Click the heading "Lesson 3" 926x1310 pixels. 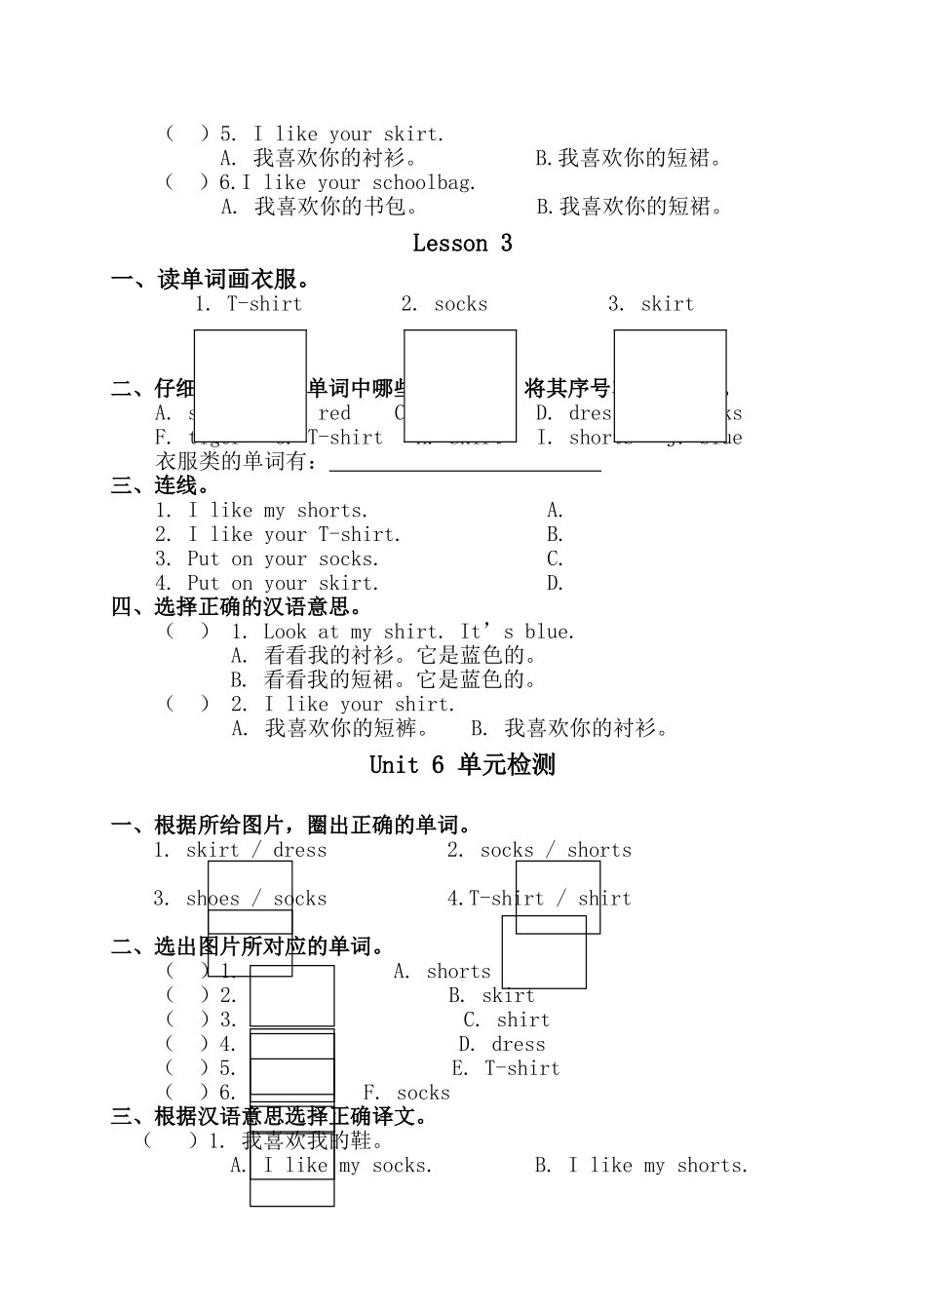[462, 244]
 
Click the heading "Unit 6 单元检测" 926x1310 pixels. [462, 765]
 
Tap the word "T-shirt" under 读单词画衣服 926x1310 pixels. [264, 304]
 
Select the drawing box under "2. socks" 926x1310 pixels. [460, 386]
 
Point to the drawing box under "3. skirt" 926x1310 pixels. [670, 386]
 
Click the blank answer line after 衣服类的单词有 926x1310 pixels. [465, 463]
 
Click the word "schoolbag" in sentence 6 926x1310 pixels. [424, 183]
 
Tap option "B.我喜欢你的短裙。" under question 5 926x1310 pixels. [629, 159]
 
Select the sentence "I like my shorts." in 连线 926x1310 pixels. [278, 511]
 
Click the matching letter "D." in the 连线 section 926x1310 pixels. [556, 584]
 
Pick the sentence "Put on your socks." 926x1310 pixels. [283, 559]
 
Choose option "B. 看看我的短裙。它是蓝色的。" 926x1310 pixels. [384, 680]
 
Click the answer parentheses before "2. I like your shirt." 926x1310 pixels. [187, 704]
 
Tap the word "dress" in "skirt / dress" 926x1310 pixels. [300, 851]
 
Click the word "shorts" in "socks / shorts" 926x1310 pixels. [599, 851]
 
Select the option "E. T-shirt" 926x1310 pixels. [506, 1069]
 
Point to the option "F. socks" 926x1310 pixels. [406, 1094]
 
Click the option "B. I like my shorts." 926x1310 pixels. [641, 1166]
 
